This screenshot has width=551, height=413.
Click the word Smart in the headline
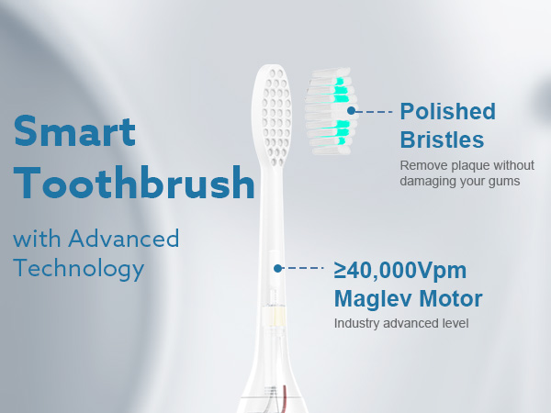point(75,131)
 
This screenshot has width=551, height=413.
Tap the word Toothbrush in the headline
point(135,184)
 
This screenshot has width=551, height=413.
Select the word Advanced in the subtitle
point(123,240)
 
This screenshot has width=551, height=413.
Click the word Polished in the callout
point(447,112)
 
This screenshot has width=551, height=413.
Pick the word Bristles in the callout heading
point(442,140)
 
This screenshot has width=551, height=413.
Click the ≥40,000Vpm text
point(400,270)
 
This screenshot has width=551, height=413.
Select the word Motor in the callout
point(449,298)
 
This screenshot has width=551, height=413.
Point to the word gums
point(504,181)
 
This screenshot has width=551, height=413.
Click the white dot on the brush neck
point(277,268)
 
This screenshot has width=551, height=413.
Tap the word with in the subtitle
point(34,240)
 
